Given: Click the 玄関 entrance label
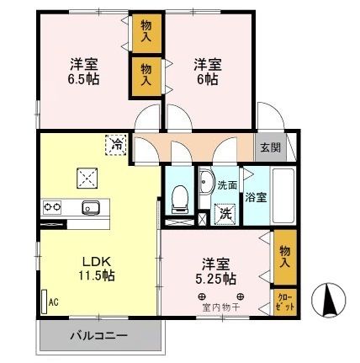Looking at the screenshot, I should (x=271, y=147).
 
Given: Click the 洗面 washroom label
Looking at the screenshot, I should (x=227, y=184).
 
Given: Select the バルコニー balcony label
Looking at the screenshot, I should (x=99, y=338).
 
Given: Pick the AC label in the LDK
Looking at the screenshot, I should (x=53, y=302).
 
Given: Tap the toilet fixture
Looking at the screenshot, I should (x=178, y=196).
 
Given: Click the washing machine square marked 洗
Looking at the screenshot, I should (x=225, y=214).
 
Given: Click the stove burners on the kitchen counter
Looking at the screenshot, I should (x=52, y=207).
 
